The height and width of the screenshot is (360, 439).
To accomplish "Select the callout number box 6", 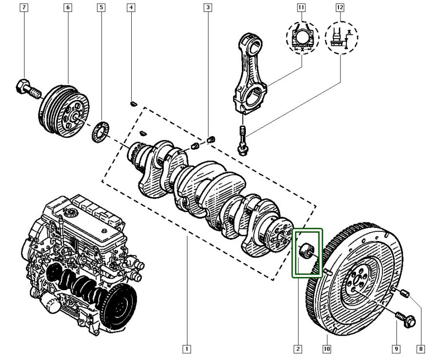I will [x=68, y=8].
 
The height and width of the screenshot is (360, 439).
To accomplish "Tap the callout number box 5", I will [x=101, y=8].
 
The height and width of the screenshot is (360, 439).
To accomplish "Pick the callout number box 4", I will [x=131, y=8].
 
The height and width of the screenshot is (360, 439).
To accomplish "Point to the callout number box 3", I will [x=208, y=8].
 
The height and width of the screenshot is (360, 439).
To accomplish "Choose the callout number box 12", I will [x=340, y=8].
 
